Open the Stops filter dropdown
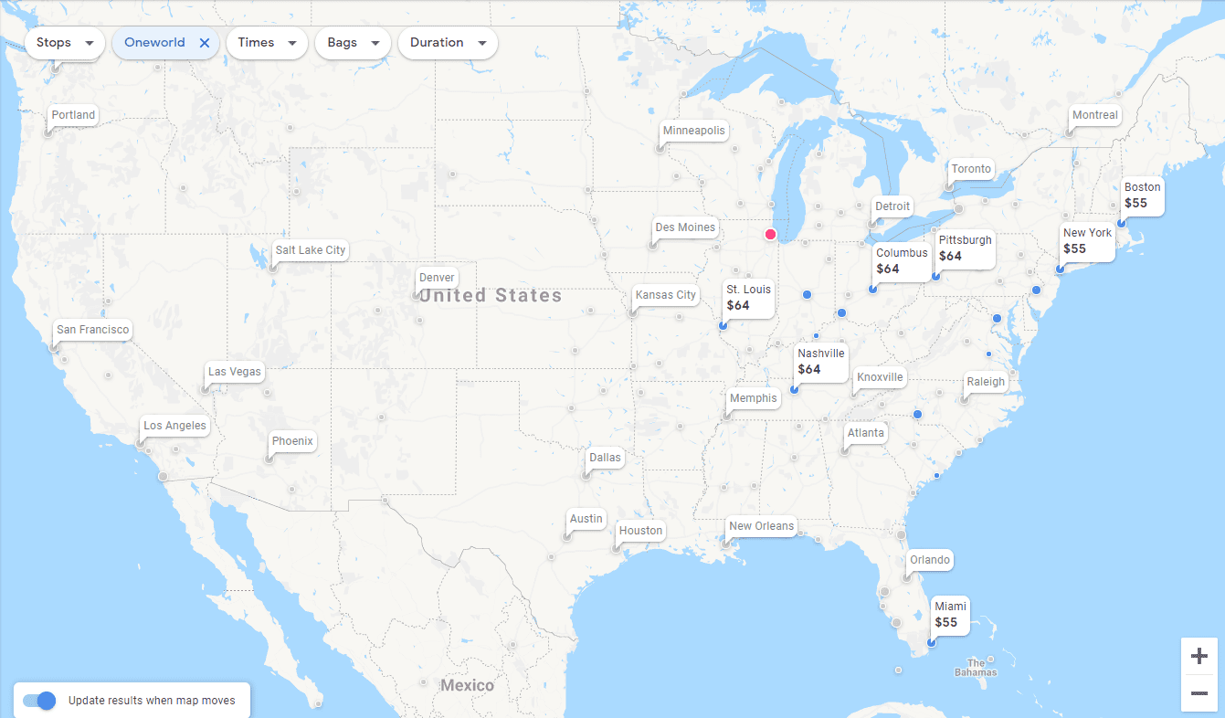click(x=65, y=43)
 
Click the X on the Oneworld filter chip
click(x=205, y=43)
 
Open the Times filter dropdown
click(x=267, y=43)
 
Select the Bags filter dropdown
click(x=353, y=43)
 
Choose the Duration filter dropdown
click(x=448, y=43)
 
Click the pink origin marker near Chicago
click(x=770, y=234)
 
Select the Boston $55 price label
click(x=1142, y=195)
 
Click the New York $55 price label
click(x=1087, y=241)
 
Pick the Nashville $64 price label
click(x=821, y=362)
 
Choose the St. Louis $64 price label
click(x=748, y=298)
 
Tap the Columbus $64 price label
click(x=901, y=261)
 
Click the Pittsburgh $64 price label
click(x=965, y=248)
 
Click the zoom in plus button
click(x=1199, y=656)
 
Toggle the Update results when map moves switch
click(x=39, y=701)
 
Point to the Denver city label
click(x=437, y=278)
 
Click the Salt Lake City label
click(x=311, y=250)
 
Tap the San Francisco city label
click(x=92, y=330)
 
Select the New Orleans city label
click(x=761, y=526)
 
